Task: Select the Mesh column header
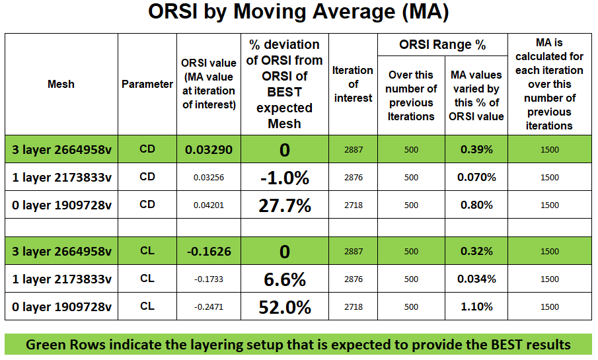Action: (x=61, y=84)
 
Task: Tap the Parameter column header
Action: (x=147, y=84)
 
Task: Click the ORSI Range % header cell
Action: (x=442, y=45)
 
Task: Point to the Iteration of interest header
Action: (x=353, y=84)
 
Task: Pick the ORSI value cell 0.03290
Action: (x=209, y=150)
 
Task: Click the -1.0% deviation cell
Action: (x=284, y=177)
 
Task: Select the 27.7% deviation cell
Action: (x=284, y=205)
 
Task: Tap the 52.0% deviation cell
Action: (x=284, y=306)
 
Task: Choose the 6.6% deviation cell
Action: (x=284, y=279)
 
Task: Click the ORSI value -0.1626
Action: (x=209, y=251)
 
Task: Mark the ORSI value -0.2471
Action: (x=209, y=306)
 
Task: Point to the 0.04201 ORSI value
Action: (x=209, y=205)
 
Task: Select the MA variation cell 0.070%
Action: (x=476, y=177)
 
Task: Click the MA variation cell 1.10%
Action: (x=476, y=306)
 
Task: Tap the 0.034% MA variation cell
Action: (x=476, y=279)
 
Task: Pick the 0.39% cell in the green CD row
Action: (x=476, y=150)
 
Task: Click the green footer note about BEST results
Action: (x=299, y=344)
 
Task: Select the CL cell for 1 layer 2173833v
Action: (x=147, y=279)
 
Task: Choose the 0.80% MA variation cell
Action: (x=476, y=205)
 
